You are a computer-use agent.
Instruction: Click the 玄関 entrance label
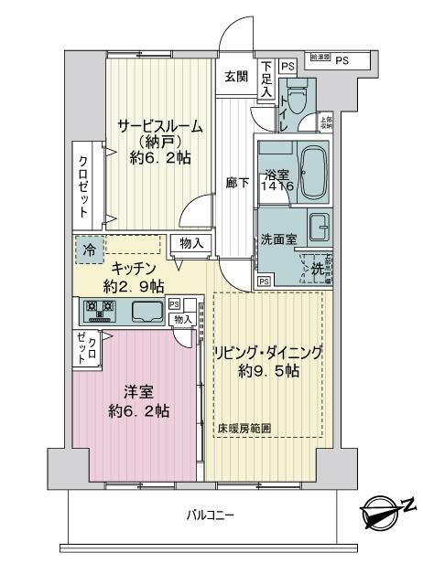point(235,77)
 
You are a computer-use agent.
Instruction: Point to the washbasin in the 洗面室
point(320,227)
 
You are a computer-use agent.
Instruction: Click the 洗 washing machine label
point(317,271)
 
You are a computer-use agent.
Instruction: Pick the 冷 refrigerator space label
point(90,248)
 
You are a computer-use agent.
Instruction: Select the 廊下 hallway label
point(237,182)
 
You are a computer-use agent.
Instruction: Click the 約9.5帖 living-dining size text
point(267,371)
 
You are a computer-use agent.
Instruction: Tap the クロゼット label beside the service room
point(84,184)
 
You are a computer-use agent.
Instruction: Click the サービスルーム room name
point(158,127)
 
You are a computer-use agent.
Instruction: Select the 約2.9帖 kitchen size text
point(134,285)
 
